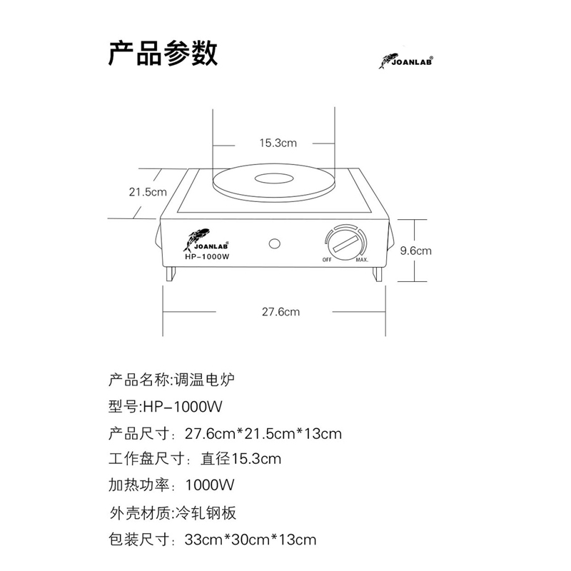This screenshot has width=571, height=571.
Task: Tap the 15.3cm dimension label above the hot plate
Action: point(277,143)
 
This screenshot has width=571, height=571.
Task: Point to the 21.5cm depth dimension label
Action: point(147,191)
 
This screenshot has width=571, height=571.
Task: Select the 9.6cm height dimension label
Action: point(415,251)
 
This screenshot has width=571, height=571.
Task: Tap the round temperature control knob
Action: point(345,243)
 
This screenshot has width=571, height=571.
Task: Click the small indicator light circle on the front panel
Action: point(274,243)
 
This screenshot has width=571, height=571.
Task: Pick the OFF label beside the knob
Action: point(327,260)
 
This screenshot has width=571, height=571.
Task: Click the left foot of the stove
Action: point(171,273)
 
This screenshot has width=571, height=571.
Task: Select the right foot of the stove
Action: point(378,273)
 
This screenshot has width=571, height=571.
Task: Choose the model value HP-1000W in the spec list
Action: point(184,406)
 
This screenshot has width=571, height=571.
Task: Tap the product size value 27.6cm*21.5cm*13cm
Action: point(263,433)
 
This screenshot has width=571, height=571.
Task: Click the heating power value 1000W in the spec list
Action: point(209,485)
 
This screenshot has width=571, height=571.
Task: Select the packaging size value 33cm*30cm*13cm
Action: point(250,539)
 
